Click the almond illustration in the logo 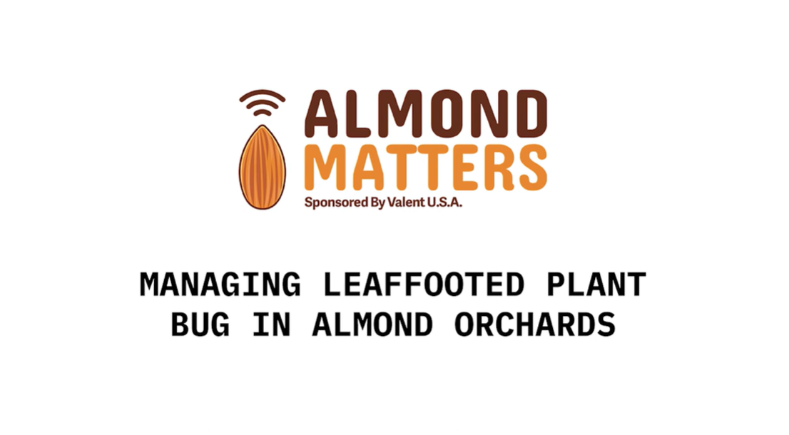(x=262, y=167)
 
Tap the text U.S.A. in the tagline (x=444, y=202)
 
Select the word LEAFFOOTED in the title (x=424, y=285)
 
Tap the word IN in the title (x=272, y=324)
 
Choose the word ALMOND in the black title (x=372, y=324)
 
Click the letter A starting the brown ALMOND (x=325, y=116)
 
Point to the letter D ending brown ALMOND (x=527, y=116)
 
